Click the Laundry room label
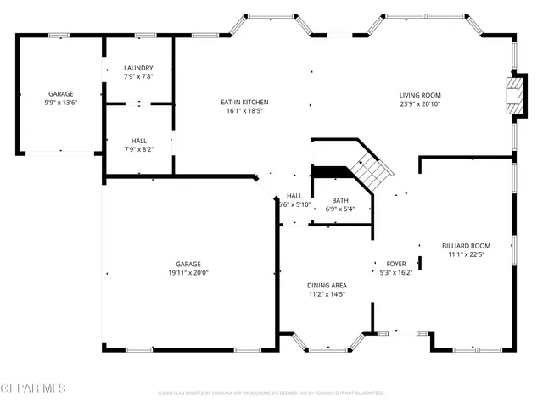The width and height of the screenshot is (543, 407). [138, 68]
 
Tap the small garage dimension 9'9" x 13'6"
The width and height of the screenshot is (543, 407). [60, 103]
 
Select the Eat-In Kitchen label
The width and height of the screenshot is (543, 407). [244, 102]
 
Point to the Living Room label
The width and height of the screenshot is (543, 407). [420, 95]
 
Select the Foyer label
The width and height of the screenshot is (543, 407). [396, 264]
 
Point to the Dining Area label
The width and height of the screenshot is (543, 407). [326, 285]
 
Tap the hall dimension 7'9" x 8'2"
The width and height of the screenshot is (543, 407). [138, 149]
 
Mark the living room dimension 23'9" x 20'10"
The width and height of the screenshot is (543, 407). [420, 104]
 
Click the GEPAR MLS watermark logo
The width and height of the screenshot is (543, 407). [34, 388]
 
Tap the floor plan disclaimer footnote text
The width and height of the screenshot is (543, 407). [271, 393]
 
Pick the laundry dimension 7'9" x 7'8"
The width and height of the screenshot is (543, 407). [138, 77]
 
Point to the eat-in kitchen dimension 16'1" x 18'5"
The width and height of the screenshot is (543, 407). [244, 111]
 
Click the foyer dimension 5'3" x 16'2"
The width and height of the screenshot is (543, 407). [396, 273]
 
